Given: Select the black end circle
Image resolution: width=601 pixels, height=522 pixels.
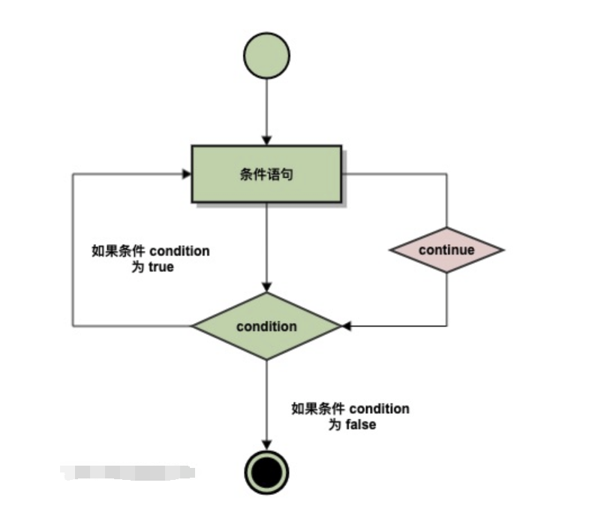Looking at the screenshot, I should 266,472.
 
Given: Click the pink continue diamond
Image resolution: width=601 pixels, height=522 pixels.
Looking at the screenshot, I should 446,250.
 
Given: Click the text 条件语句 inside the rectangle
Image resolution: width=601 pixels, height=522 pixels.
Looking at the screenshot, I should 266,173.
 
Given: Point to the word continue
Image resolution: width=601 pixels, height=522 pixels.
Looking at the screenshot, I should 446,250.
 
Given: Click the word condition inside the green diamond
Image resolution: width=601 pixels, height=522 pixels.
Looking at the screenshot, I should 266,326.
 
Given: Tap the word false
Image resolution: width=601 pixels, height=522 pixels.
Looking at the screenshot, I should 360,424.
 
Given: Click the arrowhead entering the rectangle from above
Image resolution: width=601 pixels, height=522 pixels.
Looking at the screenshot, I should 266,140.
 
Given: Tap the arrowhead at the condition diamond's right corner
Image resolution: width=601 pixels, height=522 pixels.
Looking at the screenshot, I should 347,326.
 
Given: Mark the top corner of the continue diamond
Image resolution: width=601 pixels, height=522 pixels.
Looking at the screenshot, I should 446,228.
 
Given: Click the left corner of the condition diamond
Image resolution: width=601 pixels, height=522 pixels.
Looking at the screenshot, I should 193,326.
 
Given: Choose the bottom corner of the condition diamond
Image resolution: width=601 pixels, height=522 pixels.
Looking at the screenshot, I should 266,359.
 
